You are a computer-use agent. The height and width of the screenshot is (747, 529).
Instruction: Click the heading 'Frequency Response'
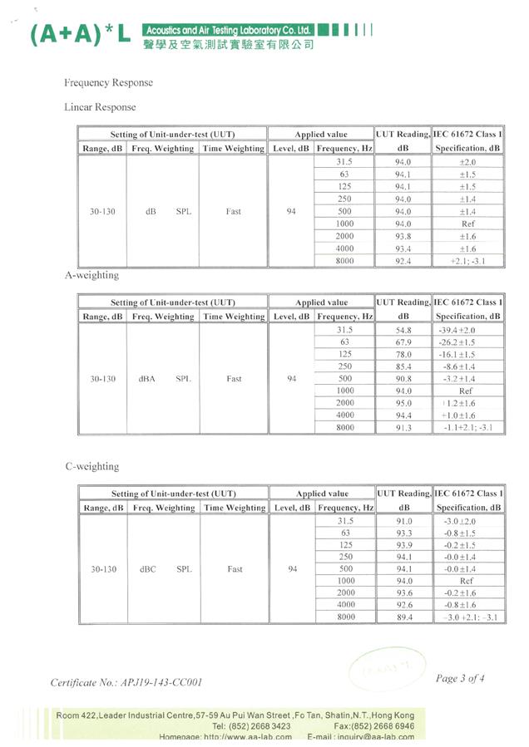108,83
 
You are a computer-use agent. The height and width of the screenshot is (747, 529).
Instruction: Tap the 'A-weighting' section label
91,275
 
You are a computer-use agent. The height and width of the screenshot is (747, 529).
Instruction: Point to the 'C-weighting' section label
91,466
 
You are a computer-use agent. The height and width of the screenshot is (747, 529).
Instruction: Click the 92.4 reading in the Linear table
403,261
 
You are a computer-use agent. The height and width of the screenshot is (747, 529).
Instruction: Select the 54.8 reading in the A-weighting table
403,330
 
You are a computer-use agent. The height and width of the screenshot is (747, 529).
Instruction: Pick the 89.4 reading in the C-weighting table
404,617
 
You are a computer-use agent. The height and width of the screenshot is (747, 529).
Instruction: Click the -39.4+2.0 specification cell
468,330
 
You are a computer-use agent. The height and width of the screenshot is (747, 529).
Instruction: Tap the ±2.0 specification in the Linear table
468,162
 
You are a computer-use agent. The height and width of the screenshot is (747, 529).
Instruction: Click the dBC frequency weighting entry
147,569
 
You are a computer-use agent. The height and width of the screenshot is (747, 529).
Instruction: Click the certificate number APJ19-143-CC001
126,682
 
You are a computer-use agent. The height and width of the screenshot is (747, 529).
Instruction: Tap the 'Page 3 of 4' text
459,678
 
